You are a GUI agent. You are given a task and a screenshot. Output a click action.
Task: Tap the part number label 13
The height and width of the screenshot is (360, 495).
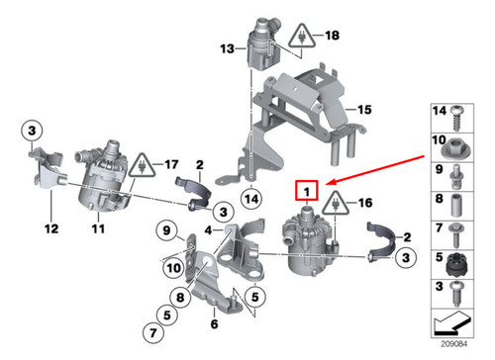227,47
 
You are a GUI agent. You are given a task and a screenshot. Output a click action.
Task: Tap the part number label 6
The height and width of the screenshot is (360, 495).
215,324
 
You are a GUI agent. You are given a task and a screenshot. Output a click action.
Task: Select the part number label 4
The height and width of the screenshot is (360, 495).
208,230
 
